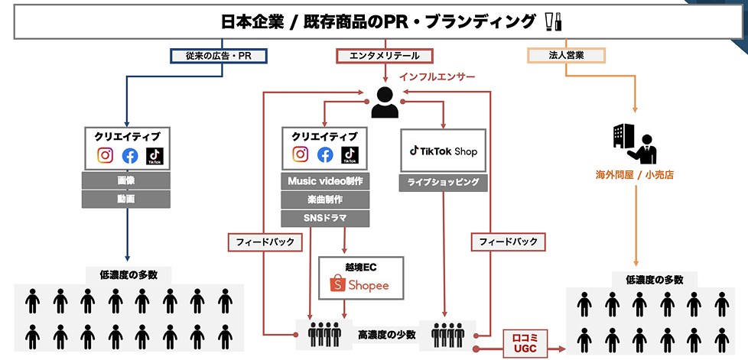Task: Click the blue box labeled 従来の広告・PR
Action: coord(222,55)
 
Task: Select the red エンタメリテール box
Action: coord(385,55)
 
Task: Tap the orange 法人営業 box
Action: coord(566,55)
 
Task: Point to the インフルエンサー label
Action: coord(437,77)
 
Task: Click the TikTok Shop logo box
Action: coord(443,151)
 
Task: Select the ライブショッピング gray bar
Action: coord(443,183)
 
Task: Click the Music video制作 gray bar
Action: coord(325,181)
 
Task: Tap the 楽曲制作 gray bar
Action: coord(325,200)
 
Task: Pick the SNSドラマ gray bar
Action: coord(325,219)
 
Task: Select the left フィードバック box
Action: coord(265,242)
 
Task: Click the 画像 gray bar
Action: coord(126,181)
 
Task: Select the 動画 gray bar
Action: coord(126,199)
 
